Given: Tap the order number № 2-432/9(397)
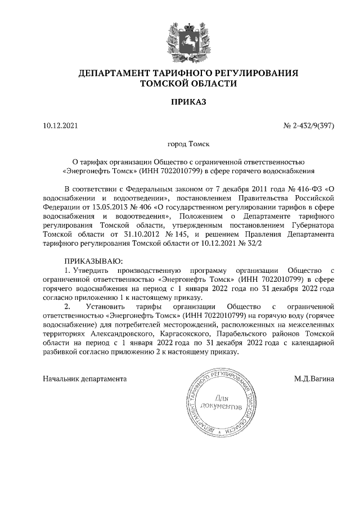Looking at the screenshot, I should coord(309,125).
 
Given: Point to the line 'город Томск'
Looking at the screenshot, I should coord(188,144).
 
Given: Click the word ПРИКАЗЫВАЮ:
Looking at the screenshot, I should coord(93,261).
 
